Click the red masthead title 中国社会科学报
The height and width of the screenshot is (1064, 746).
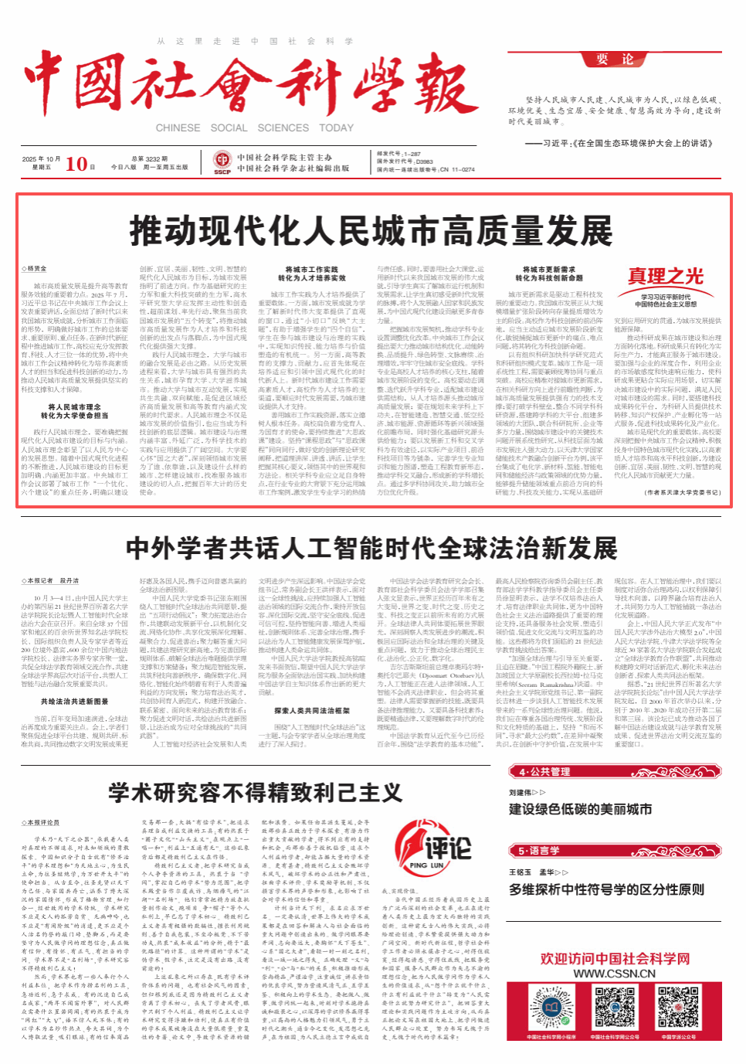click(251, 83)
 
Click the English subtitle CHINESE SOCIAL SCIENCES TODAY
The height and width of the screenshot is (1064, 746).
click(254, 128)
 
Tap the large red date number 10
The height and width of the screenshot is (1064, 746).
click(76, 164)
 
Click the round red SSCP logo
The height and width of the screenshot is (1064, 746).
click(222, 162)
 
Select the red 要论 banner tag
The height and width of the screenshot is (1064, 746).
click(615, 59)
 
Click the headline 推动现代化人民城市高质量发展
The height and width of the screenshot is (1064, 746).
click(371, 231)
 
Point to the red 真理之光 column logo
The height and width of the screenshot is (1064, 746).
click(665, 277)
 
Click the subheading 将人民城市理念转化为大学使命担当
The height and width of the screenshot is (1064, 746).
click(74, 411)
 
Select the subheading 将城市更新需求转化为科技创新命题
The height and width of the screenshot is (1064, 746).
click(549, 274)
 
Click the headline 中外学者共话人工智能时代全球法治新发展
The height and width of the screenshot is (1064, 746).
click(371, 548)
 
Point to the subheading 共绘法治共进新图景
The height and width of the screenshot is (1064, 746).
click(75, 702)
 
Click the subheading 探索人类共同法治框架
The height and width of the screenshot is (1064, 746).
click(312, 711)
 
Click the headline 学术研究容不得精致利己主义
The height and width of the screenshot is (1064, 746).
click(255, 792)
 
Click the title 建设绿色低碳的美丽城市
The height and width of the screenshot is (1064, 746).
click(580, 809)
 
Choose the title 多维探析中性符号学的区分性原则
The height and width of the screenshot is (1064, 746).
click(606, 889)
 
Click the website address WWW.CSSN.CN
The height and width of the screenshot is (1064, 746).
click(614, 974)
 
